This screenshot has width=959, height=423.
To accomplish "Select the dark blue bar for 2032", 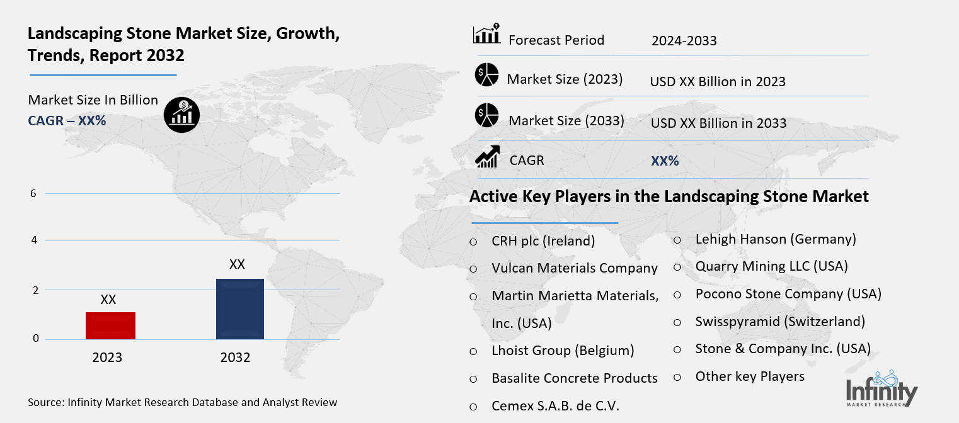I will (x=239, y=309).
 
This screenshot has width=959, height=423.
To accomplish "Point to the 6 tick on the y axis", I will (x=33, y=194).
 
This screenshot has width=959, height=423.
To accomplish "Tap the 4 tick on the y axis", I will (x=33, y=240).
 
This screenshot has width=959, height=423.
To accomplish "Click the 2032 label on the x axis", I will (x=235, y=358).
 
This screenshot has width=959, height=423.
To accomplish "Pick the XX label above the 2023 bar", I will (x=108, y=300).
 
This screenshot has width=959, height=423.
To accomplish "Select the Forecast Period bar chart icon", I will (x=486, y=35).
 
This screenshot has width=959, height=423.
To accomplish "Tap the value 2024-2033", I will (x=684, y=42).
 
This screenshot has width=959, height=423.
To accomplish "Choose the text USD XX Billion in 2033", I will (x=718, y=123).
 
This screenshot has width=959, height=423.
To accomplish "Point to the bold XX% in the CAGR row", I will (x=665, y=161).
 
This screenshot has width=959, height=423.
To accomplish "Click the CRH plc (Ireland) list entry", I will (x=543, y=241).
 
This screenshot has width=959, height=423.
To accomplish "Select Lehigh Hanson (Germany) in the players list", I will (x=776, y=239).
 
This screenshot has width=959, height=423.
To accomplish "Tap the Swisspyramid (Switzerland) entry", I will (x=780, y=322).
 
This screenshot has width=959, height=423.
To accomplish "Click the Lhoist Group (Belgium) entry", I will (x=563, y=351).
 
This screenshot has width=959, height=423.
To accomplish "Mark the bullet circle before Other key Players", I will (x=677, y=377).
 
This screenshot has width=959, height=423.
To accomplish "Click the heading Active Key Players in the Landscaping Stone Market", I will (x=669, y=196).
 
